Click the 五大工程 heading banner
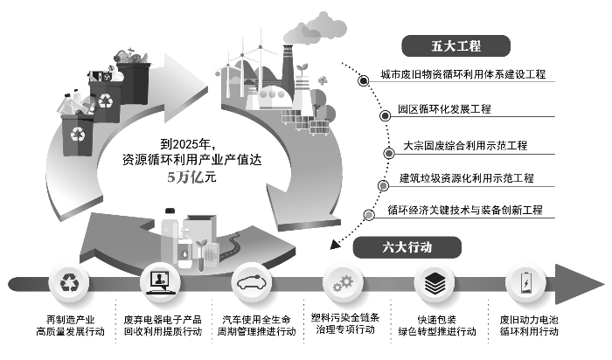click(x=456, y=45)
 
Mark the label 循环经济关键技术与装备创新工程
click(x=464, y=211)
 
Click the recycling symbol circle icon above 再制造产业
click(x=69, y=282)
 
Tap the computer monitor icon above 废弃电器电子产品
click(x=161, y=282)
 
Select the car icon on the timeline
click(x=254, y=282)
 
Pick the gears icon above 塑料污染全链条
click(x=343, y=282)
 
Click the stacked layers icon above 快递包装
click(x=435, y=282)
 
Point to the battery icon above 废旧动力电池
click(x=525, y=282)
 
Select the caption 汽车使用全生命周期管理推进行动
click(x=254, y=325)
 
